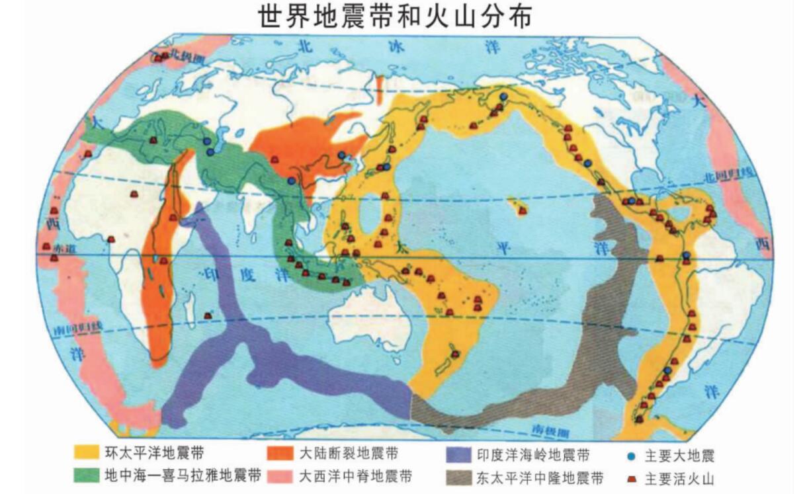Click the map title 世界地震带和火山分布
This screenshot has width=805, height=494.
[395, 17]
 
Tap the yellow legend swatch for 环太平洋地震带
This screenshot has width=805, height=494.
[85, 454]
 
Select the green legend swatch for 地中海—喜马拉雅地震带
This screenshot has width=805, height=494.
[85, 476]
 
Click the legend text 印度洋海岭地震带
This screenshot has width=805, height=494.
[532, 455]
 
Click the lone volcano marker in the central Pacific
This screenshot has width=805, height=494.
[523, 210]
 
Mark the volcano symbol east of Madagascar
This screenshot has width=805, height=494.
[208, 315]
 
